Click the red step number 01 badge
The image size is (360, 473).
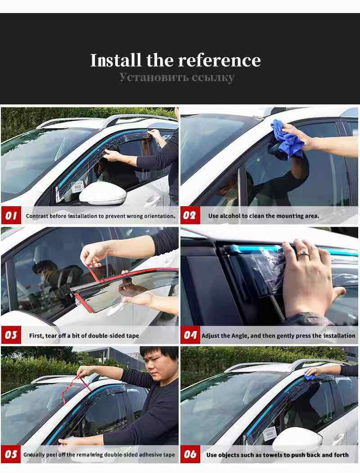click(11, 216)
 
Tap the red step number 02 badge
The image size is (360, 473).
click(190, 216)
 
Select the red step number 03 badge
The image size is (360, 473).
click(11, 335)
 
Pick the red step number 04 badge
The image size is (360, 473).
click(190, 335)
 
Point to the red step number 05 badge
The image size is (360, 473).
click(11, 454)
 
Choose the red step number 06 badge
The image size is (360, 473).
click(190, 454)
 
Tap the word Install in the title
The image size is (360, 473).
click(116, 60)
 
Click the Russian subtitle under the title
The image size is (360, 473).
click(177, 77)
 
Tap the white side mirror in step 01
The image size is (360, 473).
click(103, 194)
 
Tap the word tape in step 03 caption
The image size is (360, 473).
click(133, 336)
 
